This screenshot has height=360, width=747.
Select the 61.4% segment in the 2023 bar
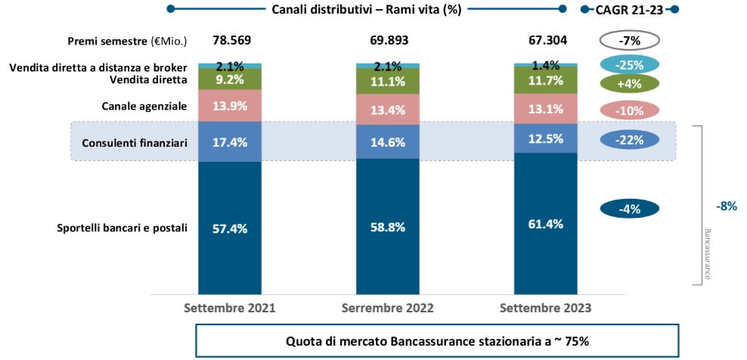point(547,225)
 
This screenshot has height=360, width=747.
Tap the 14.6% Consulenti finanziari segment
point(388,141)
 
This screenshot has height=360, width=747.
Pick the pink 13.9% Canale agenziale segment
point(230,106)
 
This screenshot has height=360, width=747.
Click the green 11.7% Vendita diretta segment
point(547,79)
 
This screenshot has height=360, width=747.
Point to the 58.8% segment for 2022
point(388,226)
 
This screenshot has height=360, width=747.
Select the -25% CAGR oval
point(629,64)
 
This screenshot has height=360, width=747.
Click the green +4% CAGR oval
point(629,85)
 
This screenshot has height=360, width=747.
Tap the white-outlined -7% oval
point(629,40)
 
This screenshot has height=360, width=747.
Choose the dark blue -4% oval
point(629,209)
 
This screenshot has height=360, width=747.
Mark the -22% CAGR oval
point(629,140)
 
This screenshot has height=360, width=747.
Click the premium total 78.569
point(230,40)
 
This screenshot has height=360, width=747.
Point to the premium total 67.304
point(547,40)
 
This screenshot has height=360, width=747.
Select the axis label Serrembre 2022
point(388,309)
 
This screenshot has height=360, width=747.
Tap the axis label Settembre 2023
point(547,309)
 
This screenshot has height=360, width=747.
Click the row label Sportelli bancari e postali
point(122,228)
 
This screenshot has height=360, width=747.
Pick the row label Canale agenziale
point(144,107)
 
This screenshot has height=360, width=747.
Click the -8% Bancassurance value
point(726,206)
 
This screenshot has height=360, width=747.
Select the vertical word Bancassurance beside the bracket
point(708,254)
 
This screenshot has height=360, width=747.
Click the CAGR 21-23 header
point(629,9)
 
